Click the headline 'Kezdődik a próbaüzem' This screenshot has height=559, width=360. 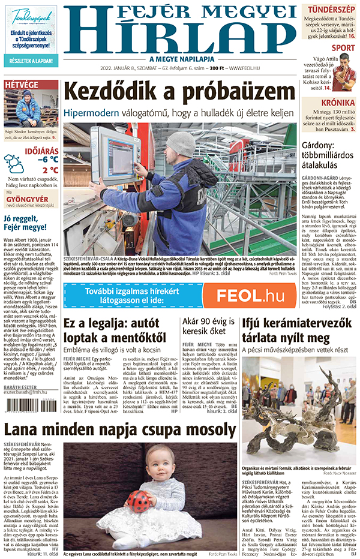click(180, 92)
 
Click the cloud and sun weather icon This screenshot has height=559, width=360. click(13, 164)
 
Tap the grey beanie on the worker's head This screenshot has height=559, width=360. click(180, 144)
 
